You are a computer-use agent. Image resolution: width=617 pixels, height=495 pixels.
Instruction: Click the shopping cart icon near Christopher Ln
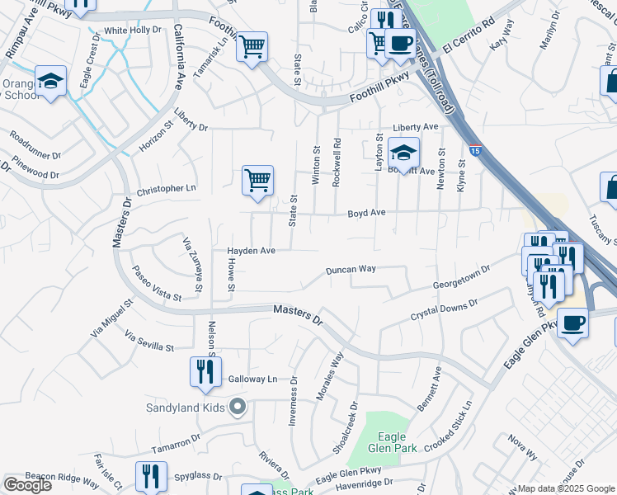pyautogui.click(x=257, y=180)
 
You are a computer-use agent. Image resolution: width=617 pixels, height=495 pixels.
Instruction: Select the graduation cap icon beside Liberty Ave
pyautogui.click(x=403, y=153)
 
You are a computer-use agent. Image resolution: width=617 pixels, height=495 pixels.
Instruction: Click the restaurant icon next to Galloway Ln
pyautogui.click(x=205, y=372)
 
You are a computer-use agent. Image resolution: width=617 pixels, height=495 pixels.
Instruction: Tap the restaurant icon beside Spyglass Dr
pyautogui.click(x=151, y=476)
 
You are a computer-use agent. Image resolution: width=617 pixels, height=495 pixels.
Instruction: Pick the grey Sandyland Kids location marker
pyautogui.click(x=238, y=406)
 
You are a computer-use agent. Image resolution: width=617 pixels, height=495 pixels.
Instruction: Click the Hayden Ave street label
pyautogui.click(x=251, y=250)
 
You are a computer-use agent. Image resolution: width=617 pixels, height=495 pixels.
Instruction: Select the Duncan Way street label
pyautogui.click(x=351, y=270)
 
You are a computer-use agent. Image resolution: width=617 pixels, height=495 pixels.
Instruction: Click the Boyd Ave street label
pyautogui.click(x=366, y=212)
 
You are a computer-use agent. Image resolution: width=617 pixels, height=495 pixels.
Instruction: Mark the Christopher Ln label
pyautogui.click(x=167, y=189)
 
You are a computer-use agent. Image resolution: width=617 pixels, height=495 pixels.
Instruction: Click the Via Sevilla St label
pyautogui.click(x=148, y=342)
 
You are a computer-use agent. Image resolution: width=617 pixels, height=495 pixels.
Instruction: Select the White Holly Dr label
pyautogui.click(x=132, y=31)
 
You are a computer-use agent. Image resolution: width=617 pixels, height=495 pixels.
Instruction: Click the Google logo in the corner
pyautogui.click(x=27, y=484)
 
